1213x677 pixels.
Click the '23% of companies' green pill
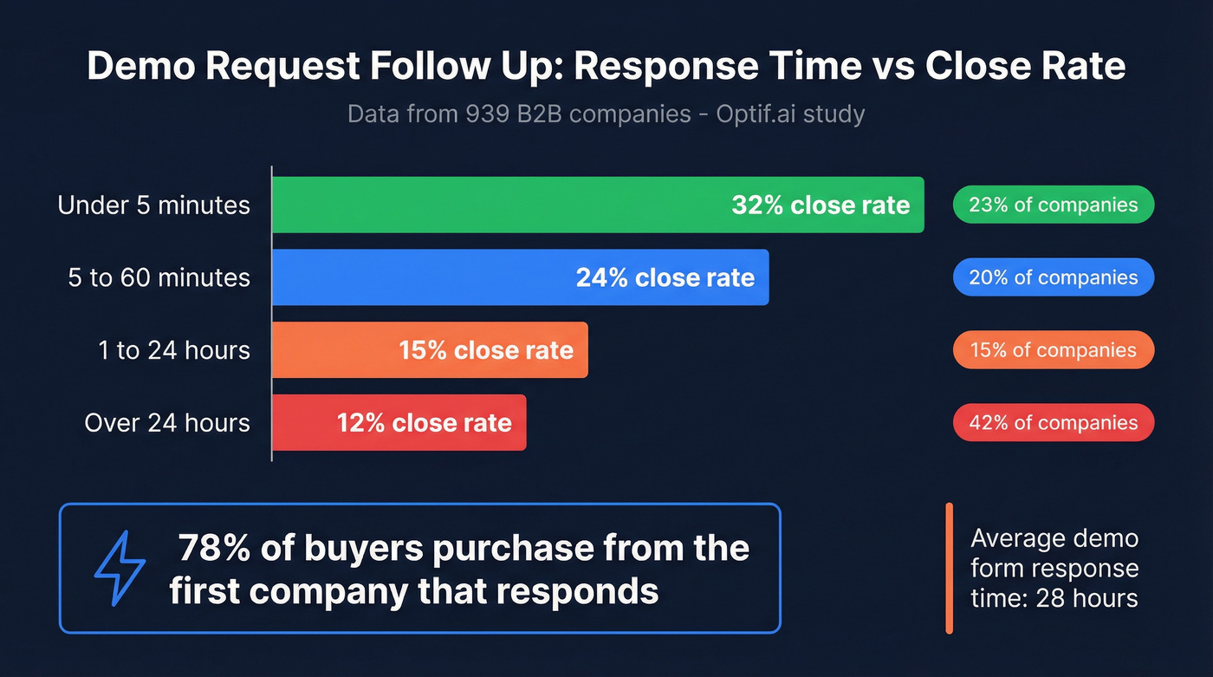1053,205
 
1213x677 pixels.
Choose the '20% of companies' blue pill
1053,277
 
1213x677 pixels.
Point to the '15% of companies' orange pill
1053,350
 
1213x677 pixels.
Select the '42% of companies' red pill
1053,423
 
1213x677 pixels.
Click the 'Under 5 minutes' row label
153,205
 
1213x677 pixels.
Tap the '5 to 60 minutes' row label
159,278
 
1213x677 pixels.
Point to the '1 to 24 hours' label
173,350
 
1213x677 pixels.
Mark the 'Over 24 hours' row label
167,423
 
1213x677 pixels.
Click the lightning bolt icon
120,568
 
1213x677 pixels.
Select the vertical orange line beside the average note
950,568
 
